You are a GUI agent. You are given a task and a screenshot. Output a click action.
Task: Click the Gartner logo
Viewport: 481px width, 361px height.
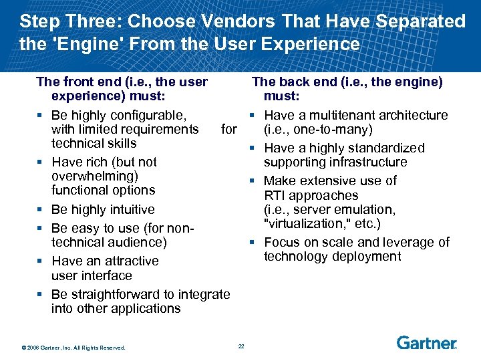pos(426,343)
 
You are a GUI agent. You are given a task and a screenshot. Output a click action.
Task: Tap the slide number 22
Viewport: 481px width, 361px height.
pos(241,346)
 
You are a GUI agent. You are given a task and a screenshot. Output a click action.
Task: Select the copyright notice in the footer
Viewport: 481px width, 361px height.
pos(73,347)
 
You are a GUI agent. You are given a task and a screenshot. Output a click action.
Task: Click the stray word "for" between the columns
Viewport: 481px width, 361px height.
pos(229,129)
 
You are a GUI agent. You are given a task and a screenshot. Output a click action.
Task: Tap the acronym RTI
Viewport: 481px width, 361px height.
pos(277,195)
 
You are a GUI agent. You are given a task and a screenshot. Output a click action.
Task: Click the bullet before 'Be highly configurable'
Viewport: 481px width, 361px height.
pos(41,115)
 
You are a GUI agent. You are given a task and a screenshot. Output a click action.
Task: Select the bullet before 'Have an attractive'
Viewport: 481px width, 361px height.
pos(41,261)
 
